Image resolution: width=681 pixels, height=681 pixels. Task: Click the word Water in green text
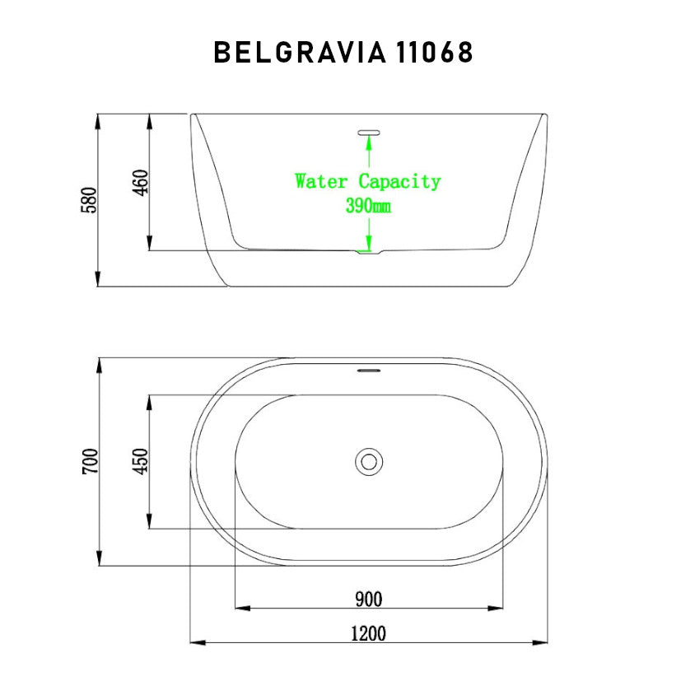click(323, 181)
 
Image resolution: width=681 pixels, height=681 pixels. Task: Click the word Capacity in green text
click(399, 182)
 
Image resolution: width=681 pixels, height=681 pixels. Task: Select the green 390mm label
click(368, 206)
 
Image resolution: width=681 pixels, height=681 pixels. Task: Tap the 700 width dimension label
click(90, 461)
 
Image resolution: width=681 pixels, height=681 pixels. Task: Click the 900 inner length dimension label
click(368, 599)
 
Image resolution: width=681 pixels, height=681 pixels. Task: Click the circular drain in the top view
click(369, 461)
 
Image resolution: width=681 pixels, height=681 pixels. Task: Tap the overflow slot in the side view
click(368, 131)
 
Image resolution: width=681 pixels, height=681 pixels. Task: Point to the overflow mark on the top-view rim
click(368, 370)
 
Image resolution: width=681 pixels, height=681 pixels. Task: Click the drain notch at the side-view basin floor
click(368, 252)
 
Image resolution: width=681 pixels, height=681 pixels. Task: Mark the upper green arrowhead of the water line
click(368, 141)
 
